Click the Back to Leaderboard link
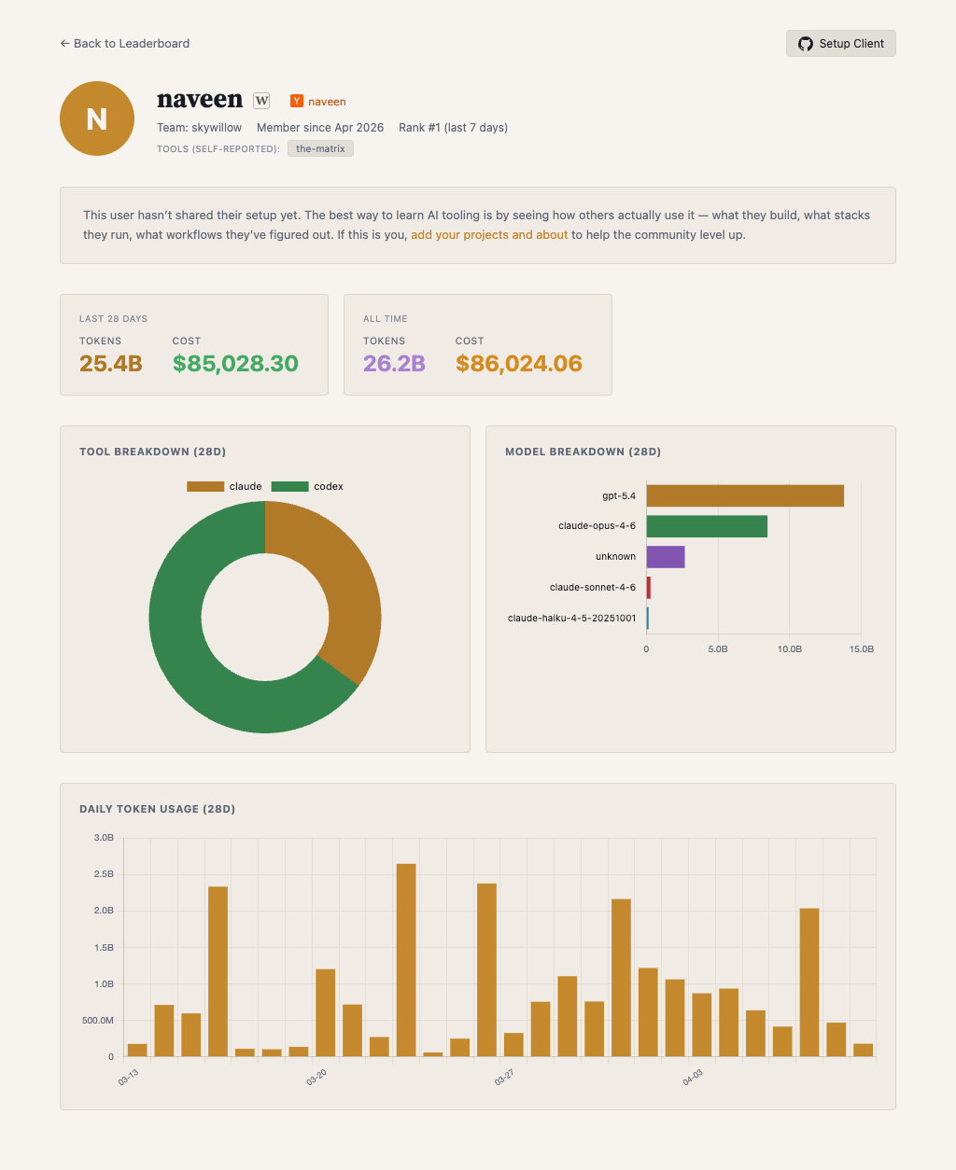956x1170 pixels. coord(124,44)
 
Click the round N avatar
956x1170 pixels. coord(97,118)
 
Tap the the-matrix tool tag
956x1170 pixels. coord(320,149)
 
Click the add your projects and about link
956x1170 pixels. coord(489,235)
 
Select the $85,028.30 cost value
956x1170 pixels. coord(235,364)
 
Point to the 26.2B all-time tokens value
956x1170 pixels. coord(394,364)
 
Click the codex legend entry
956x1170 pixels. coord(308,487)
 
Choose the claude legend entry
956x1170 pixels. coord(224,487)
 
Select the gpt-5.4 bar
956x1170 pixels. coord(745,496)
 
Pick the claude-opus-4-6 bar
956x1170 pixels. coord(707,526)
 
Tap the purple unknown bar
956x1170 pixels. coord(666,557)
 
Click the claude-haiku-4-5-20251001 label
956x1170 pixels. coord(571,618)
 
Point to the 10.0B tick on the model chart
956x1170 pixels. coord(790,649)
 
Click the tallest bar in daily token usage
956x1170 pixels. coord(406,960)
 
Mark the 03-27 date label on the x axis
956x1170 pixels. coord(504,1079)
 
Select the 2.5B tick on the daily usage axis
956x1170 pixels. coord(104,874)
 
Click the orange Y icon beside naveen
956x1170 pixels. coord(297,102)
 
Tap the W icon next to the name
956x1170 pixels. coord(261,101)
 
